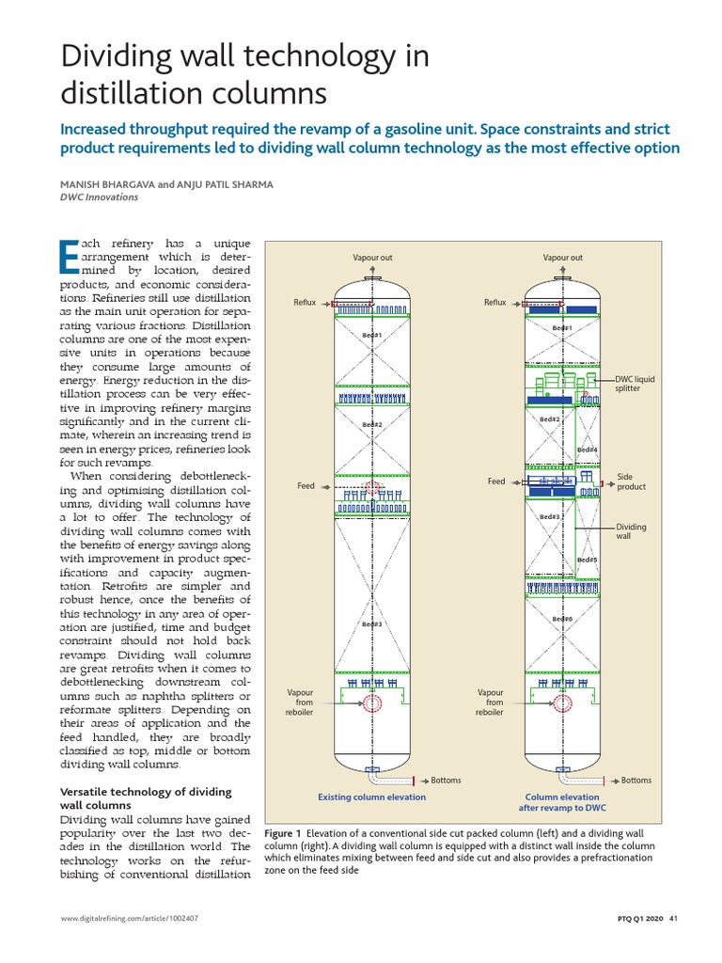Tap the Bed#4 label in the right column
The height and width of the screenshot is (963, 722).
588,450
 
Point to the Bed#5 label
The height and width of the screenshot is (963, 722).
588,560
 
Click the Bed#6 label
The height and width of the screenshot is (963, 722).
562,619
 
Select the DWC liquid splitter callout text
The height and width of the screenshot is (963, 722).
635,384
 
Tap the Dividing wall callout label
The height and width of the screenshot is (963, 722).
631,532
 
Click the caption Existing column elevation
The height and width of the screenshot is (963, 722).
371,797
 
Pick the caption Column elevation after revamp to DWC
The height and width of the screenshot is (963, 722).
562,802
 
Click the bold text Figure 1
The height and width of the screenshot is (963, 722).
283,833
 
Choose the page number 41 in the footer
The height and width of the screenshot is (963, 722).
673,920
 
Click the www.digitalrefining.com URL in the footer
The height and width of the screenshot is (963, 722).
129,920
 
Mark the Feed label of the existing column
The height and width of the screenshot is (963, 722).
306,486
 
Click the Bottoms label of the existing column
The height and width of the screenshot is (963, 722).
447,781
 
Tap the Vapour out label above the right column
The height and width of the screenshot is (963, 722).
562,257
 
